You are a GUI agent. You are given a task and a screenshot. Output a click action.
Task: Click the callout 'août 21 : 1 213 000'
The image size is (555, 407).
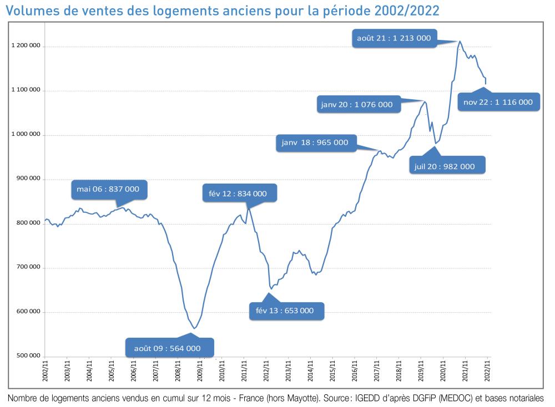coord(394,38)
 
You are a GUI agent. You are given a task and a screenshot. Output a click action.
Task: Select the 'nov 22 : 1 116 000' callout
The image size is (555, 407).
coord(498,102)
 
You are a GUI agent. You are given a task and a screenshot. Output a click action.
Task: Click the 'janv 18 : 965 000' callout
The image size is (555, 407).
coord(314,143)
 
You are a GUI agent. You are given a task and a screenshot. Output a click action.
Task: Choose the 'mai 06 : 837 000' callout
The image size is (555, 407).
coord(108,189)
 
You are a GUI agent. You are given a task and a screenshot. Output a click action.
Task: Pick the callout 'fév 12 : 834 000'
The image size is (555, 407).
coord(238,194)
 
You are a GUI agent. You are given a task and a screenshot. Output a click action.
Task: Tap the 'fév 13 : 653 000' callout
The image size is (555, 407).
coord(284,311)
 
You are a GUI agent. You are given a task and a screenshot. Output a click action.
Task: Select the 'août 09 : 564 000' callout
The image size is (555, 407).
coord(167,348)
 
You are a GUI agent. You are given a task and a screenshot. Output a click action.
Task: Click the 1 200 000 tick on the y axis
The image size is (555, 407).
coord(26,47)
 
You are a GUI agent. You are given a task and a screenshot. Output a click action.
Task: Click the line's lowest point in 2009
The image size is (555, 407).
coord(194,328)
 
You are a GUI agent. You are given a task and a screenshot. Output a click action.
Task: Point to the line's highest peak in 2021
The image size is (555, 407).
coord(460,41)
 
